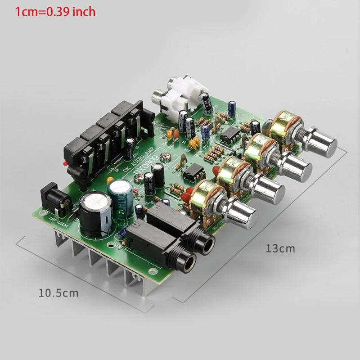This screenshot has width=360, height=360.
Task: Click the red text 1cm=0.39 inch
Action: (55, 11)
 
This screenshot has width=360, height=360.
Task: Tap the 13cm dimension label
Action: (280, 248)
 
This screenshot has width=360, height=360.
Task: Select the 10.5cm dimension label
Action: (58, 293)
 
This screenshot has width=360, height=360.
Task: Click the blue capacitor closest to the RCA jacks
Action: (233, 107)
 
